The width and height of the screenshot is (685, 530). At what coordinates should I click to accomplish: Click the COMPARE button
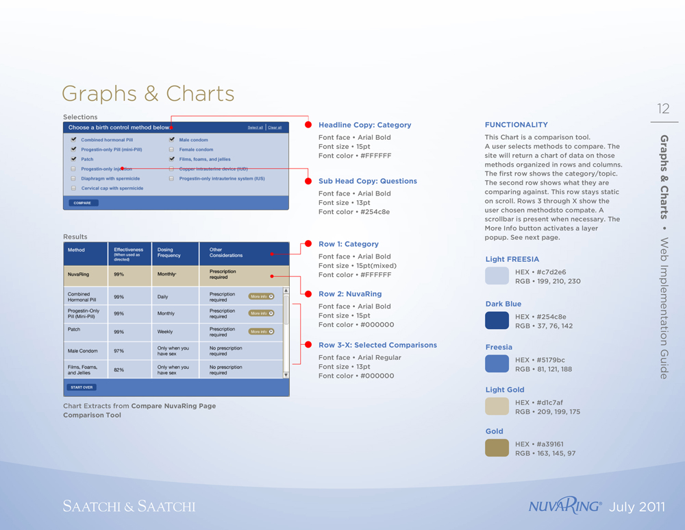coord(82,203)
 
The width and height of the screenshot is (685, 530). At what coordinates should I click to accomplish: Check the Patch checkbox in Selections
coord(73,159)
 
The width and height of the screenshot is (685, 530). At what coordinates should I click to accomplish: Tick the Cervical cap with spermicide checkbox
coord(73,188)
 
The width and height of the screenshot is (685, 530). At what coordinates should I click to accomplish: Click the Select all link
coord(255,128)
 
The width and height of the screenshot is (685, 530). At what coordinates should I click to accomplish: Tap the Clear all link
coord(275,128)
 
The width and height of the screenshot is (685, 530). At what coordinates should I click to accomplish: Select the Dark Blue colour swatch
coord(497,321)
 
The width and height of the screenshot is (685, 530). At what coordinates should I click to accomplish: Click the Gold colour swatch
coord(497,448)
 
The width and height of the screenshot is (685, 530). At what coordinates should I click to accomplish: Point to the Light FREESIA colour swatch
coord(497,276)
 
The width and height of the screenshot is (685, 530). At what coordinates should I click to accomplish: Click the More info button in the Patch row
coord(262,331)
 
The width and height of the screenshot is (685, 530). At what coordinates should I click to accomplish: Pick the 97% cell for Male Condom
coord(119,351)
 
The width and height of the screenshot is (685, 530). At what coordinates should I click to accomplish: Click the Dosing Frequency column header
coord(169,253)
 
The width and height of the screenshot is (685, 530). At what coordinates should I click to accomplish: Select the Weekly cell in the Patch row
coord(165,332)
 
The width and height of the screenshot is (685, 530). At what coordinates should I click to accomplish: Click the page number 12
coord(663,108)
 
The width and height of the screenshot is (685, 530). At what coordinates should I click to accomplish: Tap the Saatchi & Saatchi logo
coord(129,507)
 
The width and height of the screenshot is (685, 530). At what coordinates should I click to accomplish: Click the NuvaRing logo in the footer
coord(565,507)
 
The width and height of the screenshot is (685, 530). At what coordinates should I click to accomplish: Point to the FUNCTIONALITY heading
coord(516,125)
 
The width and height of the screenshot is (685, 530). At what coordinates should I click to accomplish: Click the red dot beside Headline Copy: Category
coord(308,125)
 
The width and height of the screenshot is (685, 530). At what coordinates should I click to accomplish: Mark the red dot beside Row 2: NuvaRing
coord(308,294)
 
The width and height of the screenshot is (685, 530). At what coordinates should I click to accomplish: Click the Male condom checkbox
coord(172,140)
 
